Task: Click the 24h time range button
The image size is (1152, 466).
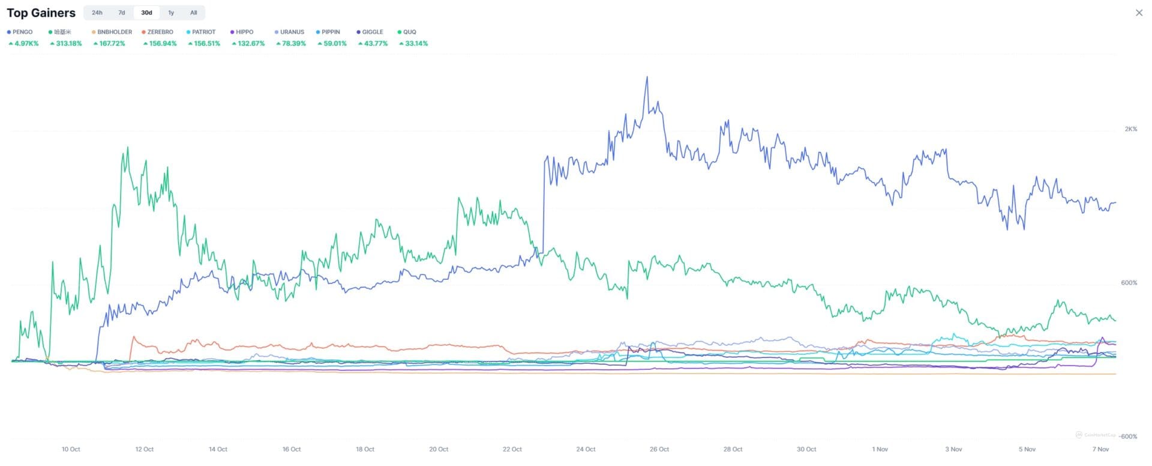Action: pos(97,13)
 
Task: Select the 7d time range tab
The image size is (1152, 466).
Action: pos(122,13)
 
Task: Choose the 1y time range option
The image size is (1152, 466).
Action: pos(171,13)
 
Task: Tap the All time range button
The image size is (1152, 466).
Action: pos(193,13)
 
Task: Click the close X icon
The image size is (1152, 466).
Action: pos(1139,13)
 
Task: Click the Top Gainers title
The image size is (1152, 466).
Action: pos(41,13)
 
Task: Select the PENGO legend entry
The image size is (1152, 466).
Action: pos(22,32)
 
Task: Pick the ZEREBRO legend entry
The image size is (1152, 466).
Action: pos(160,32)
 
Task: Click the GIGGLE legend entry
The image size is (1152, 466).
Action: pos(372,32)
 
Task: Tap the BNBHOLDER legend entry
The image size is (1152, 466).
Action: pos(114,32)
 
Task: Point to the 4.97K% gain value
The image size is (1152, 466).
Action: pos(26,43)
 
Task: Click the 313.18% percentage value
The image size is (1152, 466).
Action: pos(68,43)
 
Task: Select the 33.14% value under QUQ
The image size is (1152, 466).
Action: pos(416,43)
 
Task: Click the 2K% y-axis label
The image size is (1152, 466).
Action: pos(1130,129)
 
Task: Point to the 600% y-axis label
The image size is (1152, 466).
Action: pos(1129,283)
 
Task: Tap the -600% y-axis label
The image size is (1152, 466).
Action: pos(1128,437)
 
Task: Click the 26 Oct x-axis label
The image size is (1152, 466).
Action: pos(659,449)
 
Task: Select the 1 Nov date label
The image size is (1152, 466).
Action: pos(880,449)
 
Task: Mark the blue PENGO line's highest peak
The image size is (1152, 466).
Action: pos(647,77)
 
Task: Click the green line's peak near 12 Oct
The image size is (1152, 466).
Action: pos(127,147)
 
